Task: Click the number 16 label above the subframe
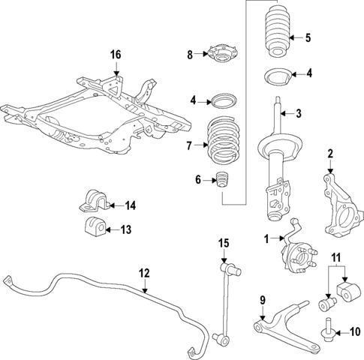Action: click(115, 54)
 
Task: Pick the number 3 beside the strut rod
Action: click(298, 114)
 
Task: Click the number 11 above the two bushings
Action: click(337, 258)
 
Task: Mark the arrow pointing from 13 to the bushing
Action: click(107, 229)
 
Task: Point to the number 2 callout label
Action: click(329, 154)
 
